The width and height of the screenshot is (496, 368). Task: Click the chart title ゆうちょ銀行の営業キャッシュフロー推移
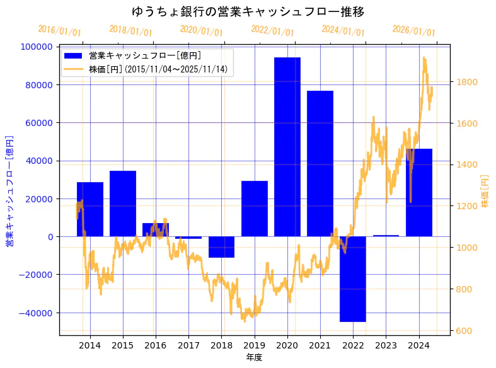click(248, 11)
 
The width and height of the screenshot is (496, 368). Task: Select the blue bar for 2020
click(287, 147)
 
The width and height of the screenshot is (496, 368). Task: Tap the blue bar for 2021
click(320, 164)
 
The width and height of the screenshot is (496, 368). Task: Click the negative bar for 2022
click(353, 279)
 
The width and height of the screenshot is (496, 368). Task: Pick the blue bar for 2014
click(90, 209)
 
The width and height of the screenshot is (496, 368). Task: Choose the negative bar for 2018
click(221, 247)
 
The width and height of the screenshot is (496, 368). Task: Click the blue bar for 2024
click(419, 192)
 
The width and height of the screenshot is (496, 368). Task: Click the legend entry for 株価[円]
click(158, 69)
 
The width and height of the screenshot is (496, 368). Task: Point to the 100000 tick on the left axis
click(37, 47)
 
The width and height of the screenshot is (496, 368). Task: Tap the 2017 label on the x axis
click(188, 345)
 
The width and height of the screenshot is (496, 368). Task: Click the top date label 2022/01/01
click(272, 31)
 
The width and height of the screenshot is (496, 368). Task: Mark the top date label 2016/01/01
click(59, 31)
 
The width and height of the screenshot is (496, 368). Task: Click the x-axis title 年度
click(254, 357)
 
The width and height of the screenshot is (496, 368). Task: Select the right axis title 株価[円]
click(485, 192)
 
